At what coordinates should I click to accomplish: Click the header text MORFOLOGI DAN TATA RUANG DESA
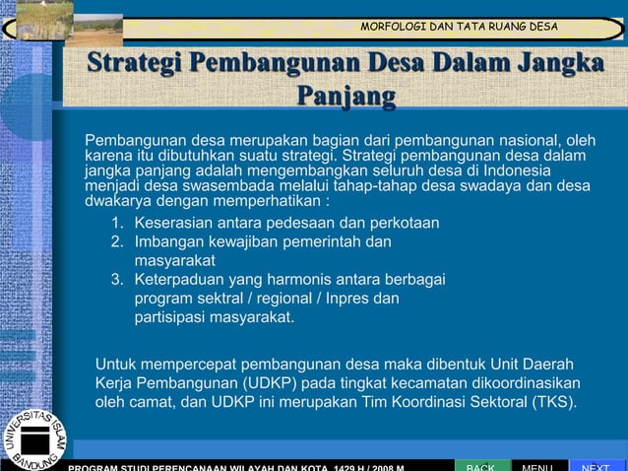(x=459, y=26)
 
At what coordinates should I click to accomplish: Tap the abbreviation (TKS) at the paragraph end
(x=552, y=402)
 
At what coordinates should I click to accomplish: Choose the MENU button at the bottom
(x=538, y=464)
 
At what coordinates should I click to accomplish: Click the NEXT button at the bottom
(x=596, y=464)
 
